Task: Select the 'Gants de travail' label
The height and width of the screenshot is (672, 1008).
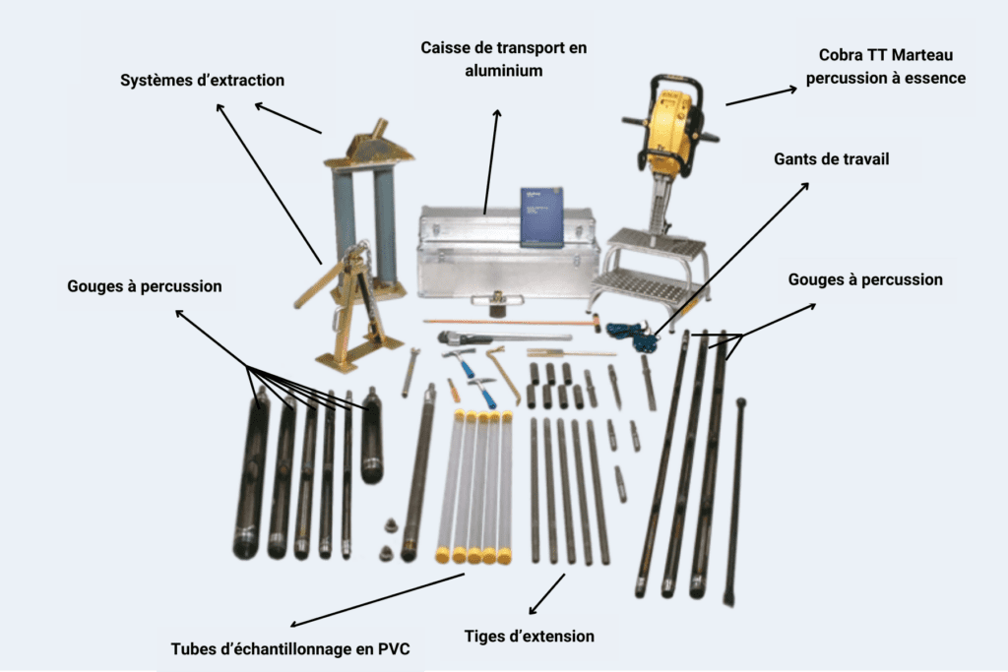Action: tap(831, 158)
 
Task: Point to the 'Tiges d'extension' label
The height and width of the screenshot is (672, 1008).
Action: tap(530, 636)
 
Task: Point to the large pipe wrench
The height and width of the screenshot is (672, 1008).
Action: tap(477, 338)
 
